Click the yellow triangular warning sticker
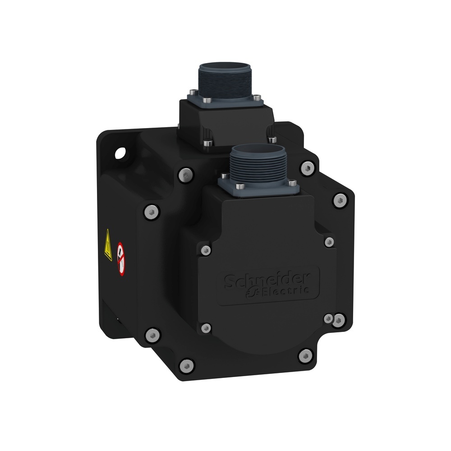(107, 245)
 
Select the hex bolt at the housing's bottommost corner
(186, 364)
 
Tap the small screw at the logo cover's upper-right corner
(330, 242)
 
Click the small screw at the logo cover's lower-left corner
(206, 327)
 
